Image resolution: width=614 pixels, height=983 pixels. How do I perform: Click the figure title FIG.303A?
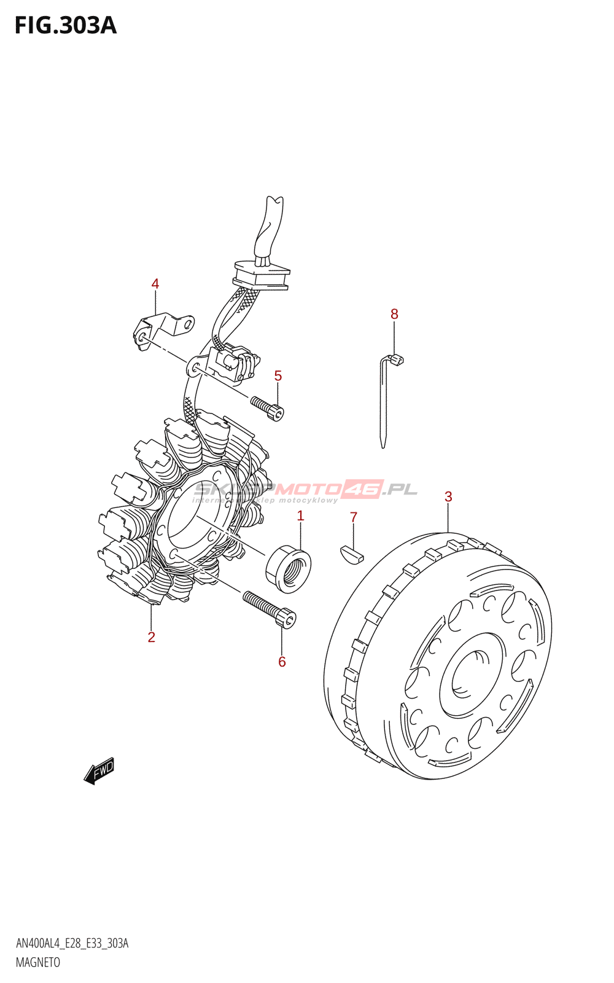click(65, 26)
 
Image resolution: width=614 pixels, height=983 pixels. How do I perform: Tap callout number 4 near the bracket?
click(155, 284)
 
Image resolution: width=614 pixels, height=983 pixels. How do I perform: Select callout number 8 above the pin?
click(394, 314)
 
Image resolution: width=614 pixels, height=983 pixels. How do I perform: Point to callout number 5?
click(278, 375)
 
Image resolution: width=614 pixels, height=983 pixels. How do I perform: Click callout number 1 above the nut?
click(301, 515)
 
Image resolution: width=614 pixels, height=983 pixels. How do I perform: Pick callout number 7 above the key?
click(354, 517)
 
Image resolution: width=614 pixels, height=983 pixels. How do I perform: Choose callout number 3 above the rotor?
click(448, 496)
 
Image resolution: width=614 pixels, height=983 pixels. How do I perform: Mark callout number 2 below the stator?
click(151, 637)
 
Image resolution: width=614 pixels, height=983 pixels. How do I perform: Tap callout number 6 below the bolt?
click(282, 662)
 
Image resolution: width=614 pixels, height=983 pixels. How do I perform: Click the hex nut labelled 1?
click(288, 568)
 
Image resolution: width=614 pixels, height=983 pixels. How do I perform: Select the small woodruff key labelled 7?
click(352, 553)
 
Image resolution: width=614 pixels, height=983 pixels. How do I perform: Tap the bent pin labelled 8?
click(386, 399)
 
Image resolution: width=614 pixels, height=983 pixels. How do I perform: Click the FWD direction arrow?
click(99, 770)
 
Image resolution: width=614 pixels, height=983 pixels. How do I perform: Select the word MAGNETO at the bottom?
click(38, 963)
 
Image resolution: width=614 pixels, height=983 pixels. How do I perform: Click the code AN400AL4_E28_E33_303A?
click(72, 944)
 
